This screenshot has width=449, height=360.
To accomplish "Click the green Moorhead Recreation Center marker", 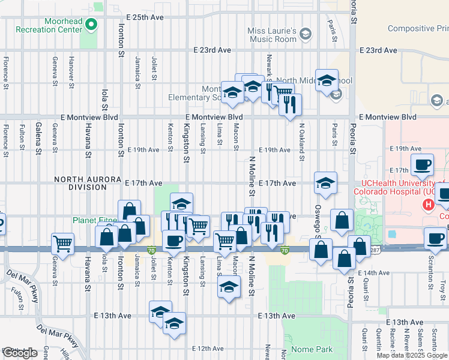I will click(91, 25).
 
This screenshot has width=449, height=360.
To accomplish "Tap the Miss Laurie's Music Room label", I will click(273, 35).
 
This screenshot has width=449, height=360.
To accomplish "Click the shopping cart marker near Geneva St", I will click(62, 244).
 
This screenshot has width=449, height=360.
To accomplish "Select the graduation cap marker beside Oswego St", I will click(325, 183).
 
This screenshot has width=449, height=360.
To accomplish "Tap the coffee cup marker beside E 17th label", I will click(422, 165).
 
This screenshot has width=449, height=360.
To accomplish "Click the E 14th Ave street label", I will click(374, 273).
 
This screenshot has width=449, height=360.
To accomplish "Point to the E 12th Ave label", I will click(208, 348).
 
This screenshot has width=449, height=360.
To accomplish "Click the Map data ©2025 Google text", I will click(412, 355).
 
